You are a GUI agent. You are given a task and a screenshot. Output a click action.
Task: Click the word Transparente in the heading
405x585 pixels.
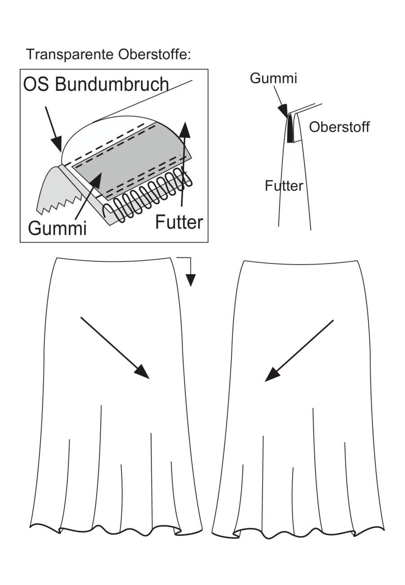pyautogui.click(x=70, y=55)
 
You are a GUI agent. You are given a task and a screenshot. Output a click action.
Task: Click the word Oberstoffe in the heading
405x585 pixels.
pyautogui.click(x=153, y=55)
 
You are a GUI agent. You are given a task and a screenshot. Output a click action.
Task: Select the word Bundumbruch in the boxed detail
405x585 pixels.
pyautogui.click(x=111, y=84)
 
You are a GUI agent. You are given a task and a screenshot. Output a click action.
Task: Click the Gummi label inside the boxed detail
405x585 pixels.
pyautogui.click(x=57, y=228)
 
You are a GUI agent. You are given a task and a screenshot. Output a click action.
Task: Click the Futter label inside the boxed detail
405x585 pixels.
pyautogui.click(x=179, y=222)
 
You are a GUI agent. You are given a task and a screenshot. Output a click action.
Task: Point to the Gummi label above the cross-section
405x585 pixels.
pyautogui.click(x=273, y=78)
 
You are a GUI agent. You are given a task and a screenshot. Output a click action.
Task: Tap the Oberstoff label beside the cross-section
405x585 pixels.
pyautogui.click(x=339, y=127)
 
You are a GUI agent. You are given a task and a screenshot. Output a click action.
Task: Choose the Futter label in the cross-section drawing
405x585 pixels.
pyautogui.click(x=284, y=186)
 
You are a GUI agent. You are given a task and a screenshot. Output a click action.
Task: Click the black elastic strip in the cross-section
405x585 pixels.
pyautogui.click(x=289, y=129)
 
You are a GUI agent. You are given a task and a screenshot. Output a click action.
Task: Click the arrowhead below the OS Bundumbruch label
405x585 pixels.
pyautogui.click(x=57, y=143)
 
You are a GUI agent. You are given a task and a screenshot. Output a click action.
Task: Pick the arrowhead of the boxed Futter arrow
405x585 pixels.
pyautogui.click(x=185, y=130)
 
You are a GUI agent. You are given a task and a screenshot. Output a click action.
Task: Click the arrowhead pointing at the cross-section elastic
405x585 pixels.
pyautogui.click(x=283, y=110)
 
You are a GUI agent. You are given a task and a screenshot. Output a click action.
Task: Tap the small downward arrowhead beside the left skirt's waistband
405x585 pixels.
pyautogui.click(x=191, y=280)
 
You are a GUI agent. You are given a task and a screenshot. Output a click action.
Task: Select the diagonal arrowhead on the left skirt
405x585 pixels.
pyautogui.click(x=142, y=371)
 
